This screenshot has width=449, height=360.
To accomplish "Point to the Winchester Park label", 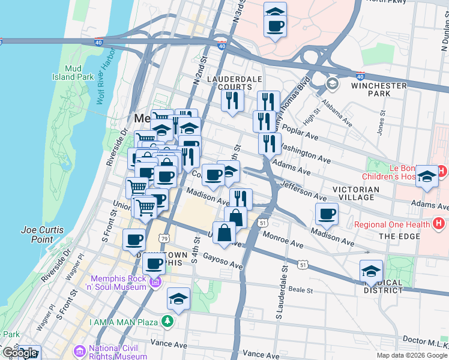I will tap(379, 89).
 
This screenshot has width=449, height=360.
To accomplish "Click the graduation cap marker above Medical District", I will tap(371, 271).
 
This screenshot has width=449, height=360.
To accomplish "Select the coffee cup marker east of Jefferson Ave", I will tap(327, 214).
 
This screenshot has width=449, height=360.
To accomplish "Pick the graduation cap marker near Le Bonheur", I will tap(427, 176).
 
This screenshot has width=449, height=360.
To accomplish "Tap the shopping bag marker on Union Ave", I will tap(224, 232).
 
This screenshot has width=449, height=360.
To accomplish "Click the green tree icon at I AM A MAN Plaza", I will tap(169, 322).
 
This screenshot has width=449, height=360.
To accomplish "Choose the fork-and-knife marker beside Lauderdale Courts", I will tap(232, 100).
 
